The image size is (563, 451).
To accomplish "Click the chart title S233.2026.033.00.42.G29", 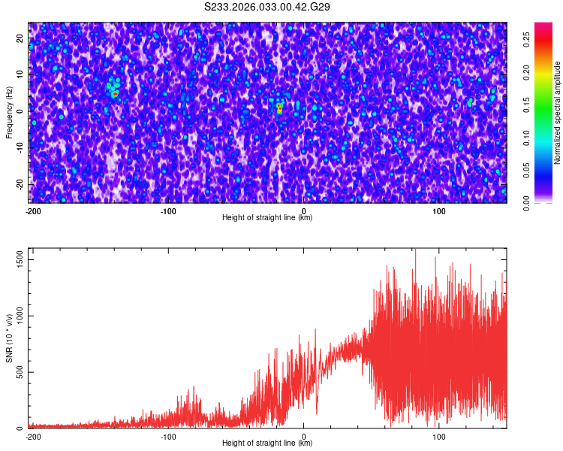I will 267,7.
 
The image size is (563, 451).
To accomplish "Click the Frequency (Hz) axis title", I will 9,113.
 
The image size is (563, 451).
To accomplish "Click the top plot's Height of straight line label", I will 267,217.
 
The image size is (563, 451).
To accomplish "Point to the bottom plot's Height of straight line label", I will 267,443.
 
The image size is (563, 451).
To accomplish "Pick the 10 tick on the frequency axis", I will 20,74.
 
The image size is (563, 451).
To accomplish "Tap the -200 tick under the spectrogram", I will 32,210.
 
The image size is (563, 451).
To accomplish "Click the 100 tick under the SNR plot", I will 440,435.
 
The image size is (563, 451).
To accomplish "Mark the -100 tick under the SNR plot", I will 168,435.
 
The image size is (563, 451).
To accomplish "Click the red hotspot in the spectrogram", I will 279,108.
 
